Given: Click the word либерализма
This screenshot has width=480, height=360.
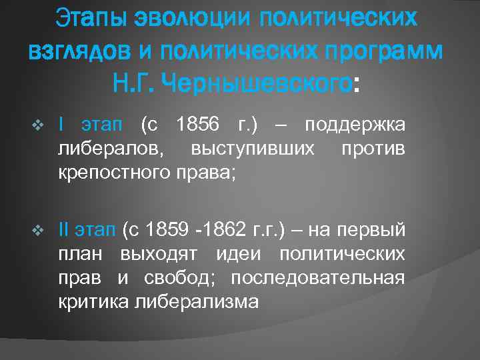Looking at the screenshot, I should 195,302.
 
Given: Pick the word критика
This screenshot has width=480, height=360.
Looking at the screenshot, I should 93,302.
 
